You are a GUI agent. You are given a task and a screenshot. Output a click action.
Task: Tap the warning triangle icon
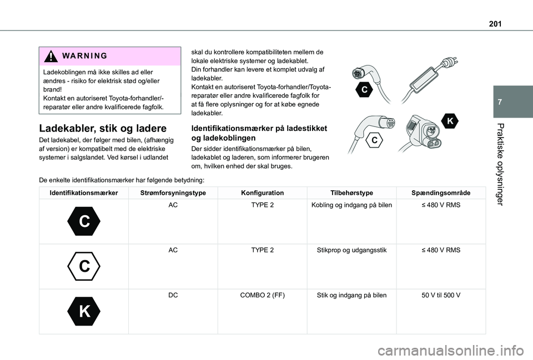[51, 57]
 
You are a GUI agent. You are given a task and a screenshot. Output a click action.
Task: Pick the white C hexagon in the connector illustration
[375, 141]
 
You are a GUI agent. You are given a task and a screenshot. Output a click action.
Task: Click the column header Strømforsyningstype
[173, 193]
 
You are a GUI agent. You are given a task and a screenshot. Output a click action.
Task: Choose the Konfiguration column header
[262, 193]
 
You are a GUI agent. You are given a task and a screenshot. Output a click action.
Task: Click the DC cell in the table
[173, 295]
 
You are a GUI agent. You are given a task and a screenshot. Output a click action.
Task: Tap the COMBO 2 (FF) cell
[262, 295]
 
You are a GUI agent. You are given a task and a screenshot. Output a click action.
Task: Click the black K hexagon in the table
[84, 311]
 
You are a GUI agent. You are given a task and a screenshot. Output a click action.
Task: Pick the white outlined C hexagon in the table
[84, 266]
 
